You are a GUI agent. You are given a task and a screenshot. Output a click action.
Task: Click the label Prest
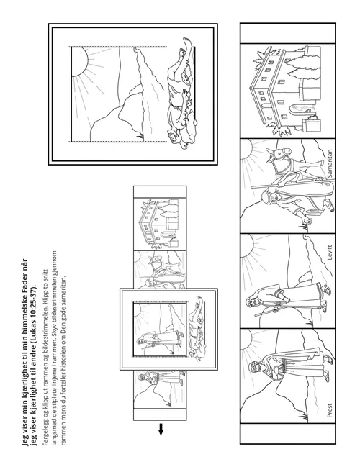tap(329, 410)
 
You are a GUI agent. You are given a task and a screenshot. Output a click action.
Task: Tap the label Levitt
tap(329, 253)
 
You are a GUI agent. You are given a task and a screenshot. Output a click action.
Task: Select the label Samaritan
tap(329, 163)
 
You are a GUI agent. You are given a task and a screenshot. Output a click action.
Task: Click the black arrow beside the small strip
tap(161, 429)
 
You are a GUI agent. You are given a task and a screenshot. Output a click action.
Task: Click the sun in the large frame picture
tap(80, 62)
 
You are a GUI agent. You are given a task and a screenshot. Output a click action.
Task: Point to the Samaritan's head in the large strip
tap(266, 196)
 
